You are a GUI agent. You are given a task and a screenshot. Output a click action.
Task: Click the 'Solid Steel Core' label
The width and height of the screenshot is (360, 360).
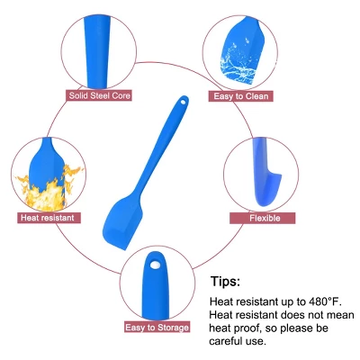tap(99, 95)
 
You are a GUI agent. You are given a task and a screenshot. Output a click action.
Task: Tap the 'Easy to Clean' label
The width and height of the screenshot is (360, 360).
tap(240, 96)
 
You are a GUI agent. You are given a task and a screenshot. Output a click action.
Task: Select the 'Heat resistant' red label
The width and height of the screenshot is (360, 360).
tap(49, 218)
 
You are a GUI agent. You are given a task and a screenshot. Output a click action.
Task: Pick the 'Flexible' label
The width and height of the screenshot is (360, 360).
tap(263, 218)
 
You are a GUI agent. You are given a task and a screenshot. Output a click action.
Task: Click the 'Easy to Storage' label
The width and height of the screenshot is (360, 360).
tap(157, 327)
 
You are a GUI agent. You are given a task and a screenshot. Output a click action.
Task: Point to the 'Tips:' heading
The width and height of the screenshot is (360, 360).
tap(225, 282)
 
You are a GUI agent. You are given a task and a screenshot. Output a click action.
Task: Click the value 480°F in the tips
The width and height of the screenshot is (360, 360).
tap(326, 301)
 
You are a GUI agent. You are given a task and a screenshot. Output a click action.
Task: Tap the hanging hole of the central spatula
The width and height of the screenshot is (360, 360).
tap(183, 102)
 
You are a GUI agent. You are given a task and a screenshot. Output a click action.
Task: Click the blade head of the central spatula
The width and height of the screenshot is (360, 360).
tap(122, 221)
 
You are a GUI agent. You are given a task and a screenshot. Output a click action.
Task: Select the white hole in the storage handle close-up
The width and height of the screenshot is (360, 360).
tap(155, 265)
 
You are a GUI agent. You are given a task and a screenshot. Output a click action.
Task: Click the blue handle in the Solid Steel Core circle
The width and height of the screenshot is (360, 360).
tap(97, 51)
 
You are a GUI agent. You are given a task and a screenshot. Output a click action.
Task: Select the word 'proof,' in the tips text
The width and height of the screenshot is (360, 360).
tap(242, 328)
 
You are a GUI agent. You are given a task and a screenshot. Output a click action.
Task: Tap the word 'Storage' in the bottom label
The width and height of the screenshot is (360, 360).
tap(173, 328)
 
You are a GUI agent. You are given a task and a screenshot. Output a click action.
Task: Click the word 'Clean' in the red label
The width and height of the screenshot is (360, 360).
tap(256, 96)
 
